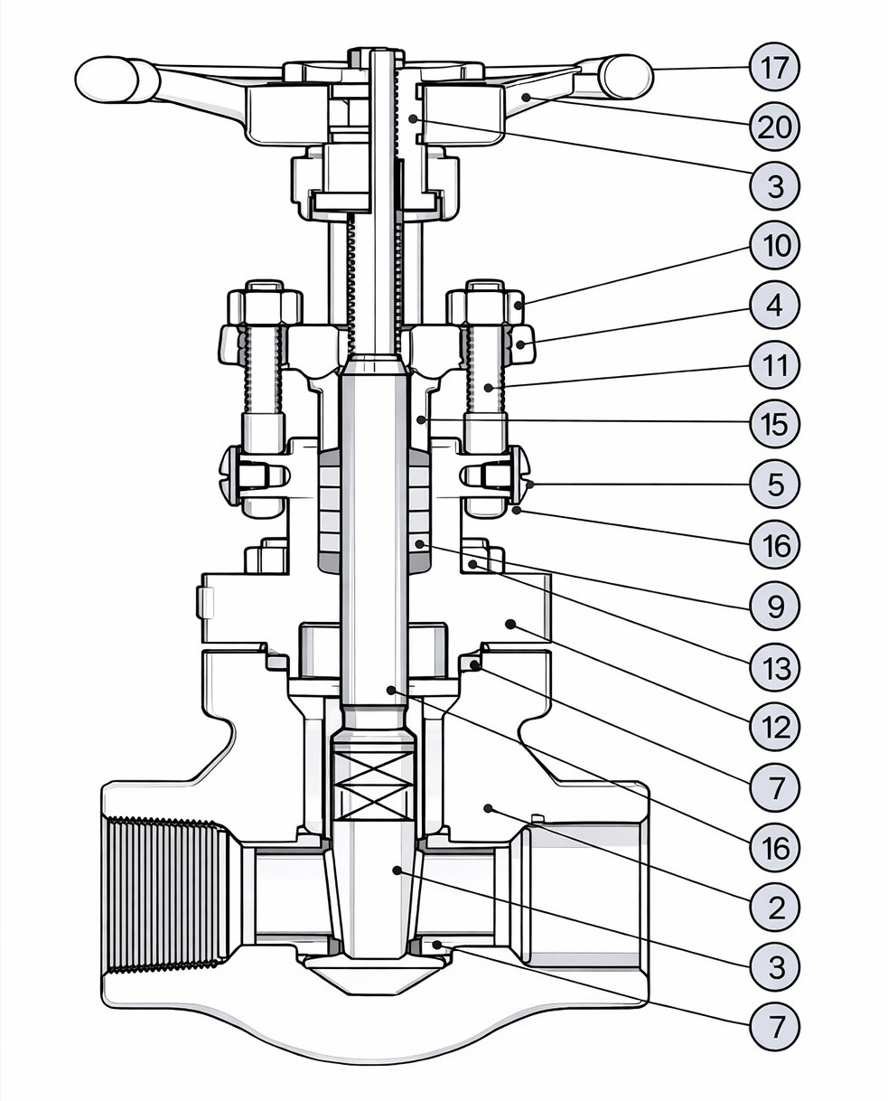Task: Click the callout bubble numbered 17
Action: [x=775, y=67]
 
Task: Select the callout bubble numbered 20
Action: [x=775, y=127]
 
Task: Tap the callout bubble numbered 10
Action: [x=775, y=246]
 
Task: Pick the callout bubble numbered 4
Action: [x=775, y=306]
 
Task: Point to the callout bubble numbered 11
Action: [x=775, y=366]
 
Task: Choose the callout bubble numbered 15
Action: [x=775, y=424]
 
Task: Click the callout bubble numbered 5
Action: [x=775, y=485]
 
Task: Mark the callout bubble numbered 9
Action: [x=775, y=607]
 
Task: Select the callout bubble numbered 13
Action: [x=775, y=668]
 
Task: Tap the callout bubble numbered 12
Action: [x=775, y=728]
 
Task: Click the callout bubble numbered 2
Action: [x=775, y=907]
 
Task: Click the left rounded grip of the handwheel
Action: [x=107, y=79]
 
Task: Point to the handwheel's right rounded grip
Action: [x=625, y=76]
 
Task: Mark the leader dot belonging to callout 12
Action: [x=510, y=624]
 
